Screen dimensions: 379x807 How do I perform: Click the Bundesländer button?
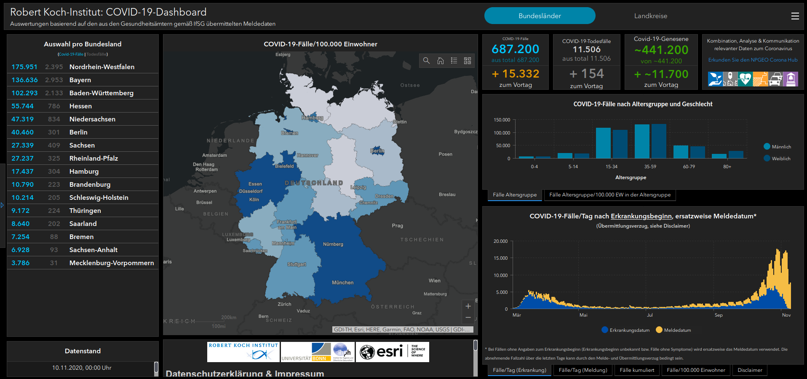coord(540,16)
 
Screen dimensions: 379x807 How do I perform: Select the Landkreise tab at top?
coord(650,16)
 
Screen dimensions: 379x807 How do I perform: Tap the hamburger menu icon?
coord(795,16)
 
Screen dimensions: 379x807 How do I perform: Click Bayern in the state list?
coord(80,80)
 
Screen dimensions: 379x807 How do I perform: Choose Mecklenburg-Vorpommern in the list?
coord(112,263)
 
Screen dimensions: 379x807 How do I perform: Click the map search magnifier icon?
coord(426,61)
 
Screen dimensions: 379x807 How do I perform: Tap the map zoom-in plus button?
coord(468,306)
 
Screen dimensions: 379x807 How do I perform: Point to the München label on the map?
coord(342,283)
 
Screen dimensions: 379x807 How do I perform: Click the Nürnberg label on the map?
coord(333,245)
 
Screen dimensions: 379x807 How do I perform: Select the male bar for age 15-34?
coord(603,143)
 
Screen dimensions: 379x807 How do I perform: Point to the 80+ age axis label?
coord(727,167)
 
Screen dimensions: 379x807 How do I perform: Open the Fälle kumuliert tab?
coord(637,370)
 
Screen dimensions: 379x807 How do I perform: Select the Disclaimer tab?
coord(750,370)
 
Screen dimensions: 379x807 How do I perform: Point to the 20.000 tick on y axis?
coord(500,242)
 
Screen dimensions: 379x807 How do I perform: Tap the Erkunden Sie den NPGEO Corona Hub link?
coord(753,60)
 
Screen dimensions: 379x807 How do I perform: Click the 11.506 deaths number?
coord(586,50)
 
